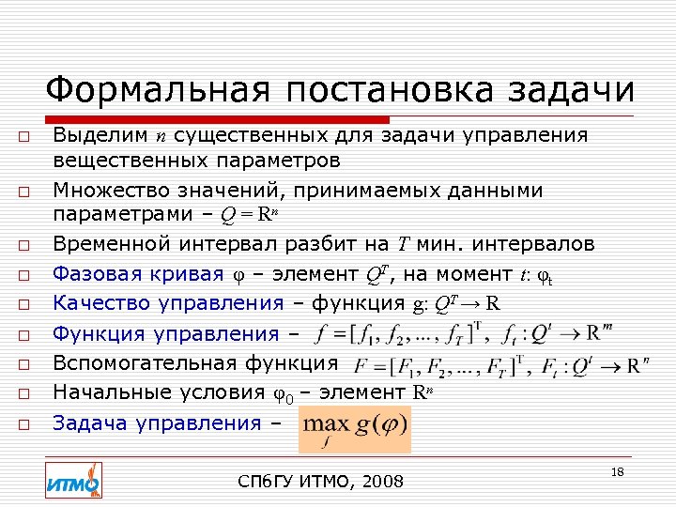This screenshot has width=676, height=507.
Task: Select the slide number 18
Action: point(617,471)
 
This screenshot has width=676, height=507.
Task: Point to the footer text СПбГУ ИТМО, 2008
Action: point(321,482)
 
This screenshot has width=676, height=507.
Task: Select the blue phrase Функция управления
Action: point(165,333)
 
